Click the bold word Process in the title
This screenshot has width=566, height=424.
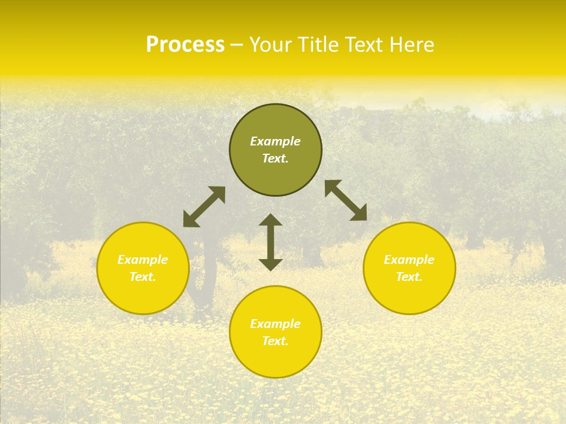tap(185, 45)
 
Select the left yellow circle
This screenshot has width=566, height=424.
tap(143, 294)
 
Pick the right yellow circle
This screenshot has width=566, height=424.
tap(409, 294)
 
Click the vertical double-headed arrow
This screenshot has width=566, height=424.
tap(271, 242)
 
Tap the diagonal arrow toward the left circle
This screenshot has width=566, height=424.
tap(204, 207)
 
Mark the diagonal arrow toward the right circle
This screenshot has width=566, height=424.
tap(345, 200)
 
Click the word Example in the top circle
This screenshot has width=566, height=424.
tap(275, 141)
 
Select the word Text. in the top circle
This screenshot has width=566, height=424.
tap(275, 159)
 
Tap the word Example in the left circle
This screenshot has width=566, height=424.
tap(143, 260)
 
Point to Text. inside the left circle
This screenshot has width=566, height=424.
tap(143, 277)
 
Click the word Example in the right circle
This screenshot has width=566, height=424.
tap(409, 260)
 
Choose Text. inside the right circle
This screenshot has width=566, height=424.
tap(409, 277)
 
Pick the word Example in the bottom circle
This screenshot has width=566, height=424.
tap(275, 324)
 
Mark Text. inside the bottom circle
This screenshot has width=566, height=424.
tap(275, 342)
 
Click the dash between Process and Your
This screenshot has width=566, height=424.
tap(236, 45)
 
